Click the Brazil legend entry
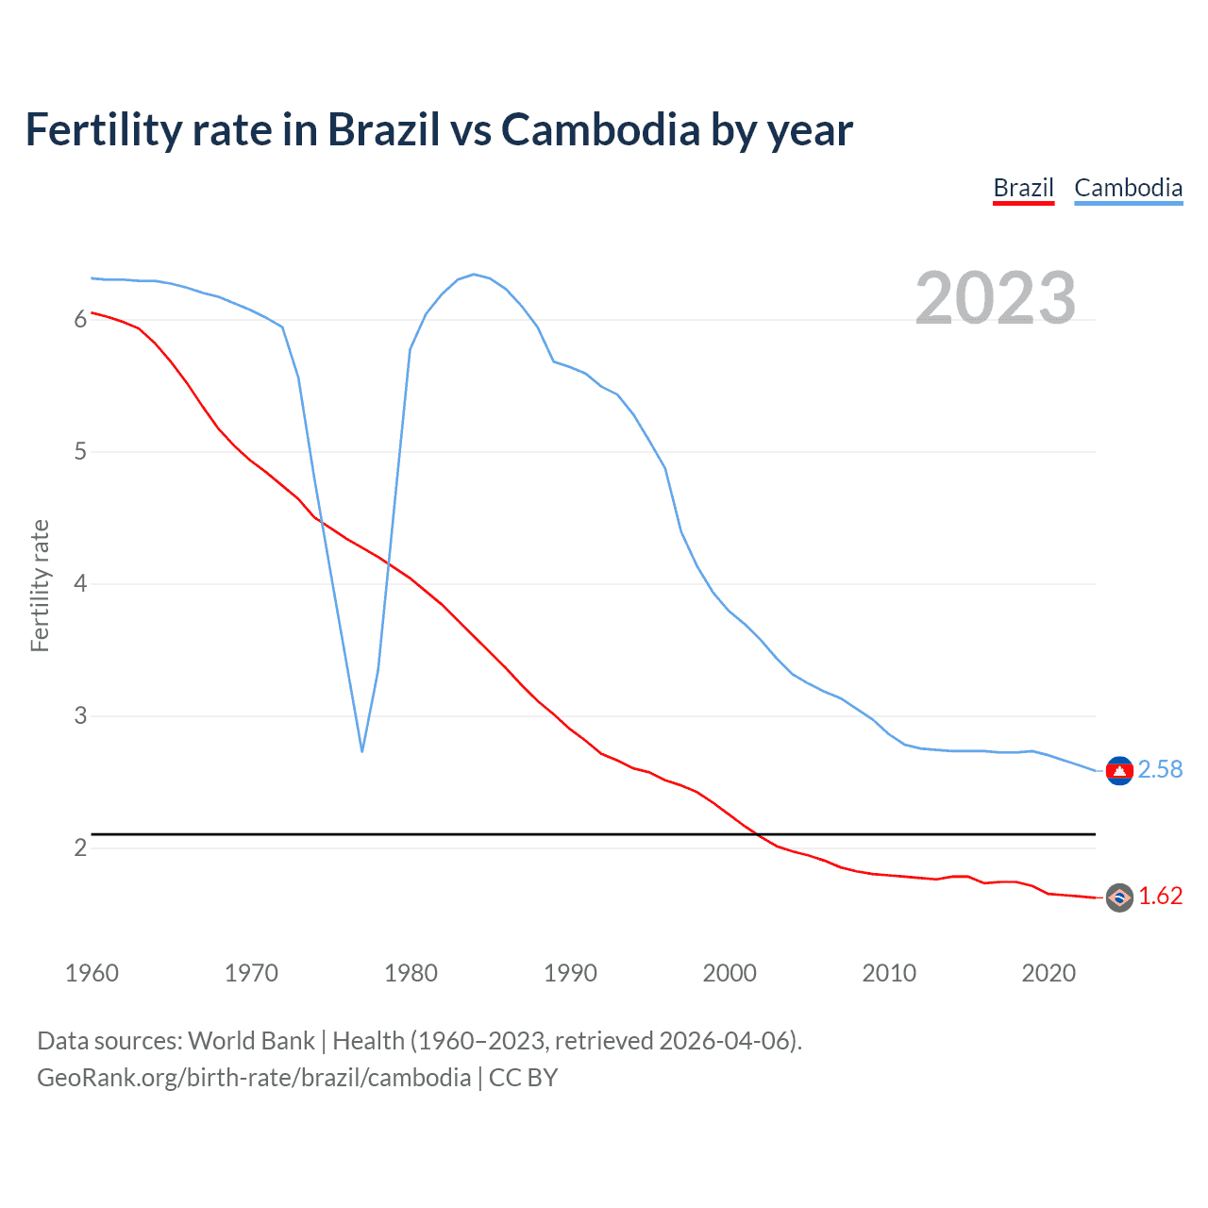point(1023,188)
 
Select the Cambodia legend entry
point(1128,188)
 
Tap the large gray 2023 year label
point(996,298)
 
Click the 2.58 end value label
point(1160,769)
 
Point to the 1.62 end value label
point(1160,896)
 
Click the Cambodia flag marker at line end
point(1119,771)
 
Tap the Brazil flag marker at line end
point(1119,898)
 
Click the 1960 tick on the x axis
point(92,973)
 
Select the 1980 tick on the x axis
point(411,973)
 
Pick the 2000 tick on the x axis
point(730,973)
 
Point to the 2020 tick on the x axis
point(1049,973)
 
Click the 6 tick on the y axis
point(80,320)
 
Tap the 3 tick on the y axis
point(80,716)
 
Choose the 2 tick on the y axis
point(80,847)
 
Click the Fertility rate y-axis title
point(40,585)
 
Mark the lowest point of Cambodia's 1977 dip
point(362,751)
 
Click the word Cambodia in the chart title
point(600,130)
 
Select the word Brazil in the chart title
point(384,130)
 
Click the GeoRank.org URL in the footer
point(254,1078)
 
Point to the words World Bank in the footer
point(251,1041)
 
